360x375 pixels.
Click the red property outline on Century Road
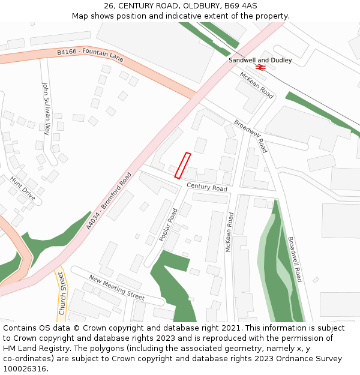pos(183,166)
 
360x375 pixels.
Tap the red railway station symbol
pos(260,68)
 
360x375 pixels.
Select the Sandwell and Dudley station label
pos(260,60)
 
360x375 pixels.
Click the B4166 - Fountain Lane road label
pos(91,53)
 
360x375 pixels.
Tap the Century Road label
pos(207,187)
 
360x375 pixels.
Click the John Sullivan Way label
pos(46,108)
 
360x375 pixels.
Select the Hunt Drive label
pos(22,188)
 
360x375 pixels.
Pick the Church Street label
pos(61,293)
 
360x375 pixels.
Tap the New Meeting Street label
pos(116,288)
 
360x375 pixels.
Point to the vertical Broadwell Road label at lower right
pos(295,260)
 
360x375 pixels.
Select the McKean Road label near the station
pos(256,86)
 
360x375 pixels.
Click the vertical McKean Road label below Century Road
pos(229,232)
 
